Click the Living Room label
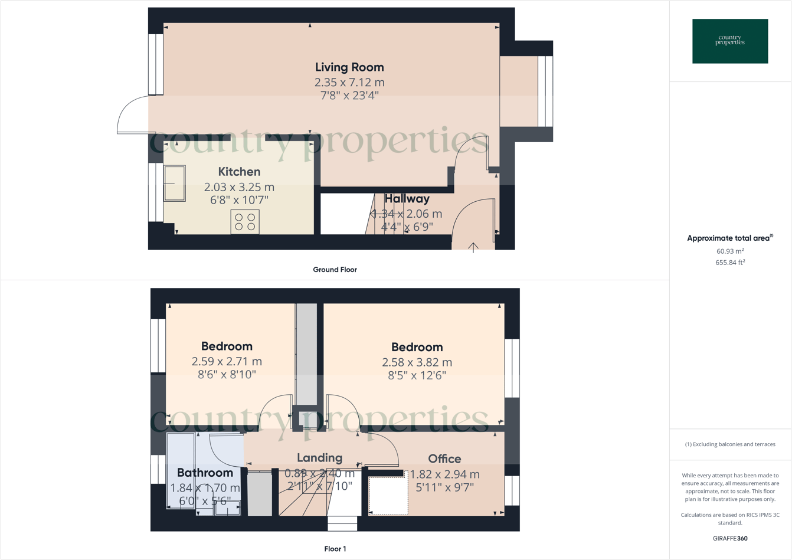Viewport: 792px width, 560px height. tap(349, 67)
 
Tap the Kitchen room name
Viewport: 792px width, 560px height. tap(239, 172)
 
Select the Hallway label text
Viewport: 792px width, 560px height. tap(407, 199)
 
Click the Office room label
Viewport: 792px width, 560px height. tap(444, 459)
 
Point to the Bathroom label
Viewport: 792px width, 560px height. tap(205, 473)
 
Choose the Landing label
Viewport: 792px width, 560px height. tap(319, 458)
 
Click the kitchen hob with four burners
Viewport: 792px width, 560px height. tap(245, 222)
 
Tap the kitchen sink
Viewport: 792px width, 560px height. tap(175, 184)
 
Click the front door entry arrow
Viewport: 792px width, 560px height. tap(473, 247)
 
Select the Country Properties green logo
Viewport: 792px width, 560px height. tap(730, 41)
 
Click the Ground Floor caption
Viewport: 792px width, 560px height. tap(335, 270)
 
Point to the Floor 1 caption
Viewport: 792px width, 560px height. tap(335, 549)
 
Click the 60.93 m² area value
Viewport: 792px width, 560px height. tap(730, 251)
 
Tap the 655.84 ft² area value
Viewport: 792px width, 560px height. tap(730, 263)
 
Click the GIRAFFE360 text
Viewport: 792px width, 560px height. tap(730, 538)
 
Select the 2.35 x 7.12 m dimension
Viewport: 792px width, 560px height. tap(349, 83)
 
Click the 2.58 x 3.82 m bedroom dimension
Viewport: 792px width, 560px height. tap(417, 362)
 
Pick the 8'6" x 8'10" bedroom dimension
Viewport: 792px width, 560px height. tap(227, 374)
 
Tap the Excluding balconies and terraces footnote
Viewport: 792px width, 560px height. tap(730, 444)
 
